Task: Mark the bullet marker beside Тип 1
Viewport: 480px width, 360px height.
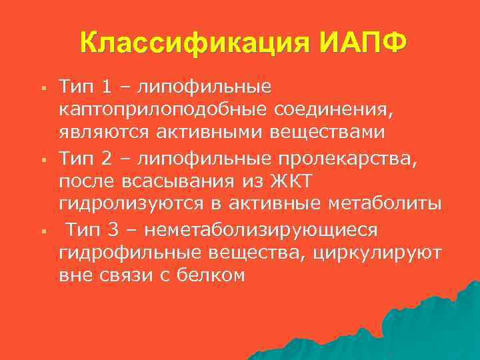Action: (x=41, y=87)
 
